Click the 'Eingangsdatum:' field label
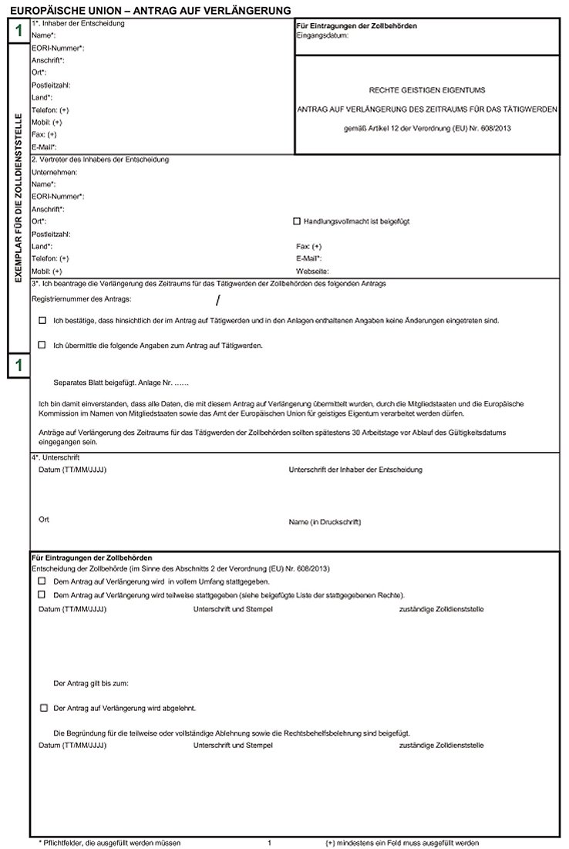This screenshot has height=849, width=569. click(x=322, y=35)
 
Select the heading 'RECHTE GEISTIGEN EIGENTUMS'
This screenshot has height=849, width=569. click(x=428, y=90)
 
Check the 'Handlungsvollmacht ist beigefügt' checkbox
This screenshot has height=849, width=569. click(x=297, y=221)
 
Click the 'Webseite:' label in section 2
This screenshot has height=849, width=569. click(x=312, y=271)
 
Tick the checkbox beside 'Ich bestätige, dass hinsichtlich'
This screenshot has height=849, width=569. click(x=42, y=319)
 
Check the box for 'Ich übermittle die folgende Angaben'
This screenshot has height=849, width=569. click(x=42, y=345)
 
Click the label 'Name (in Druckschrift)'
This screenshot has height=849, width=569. click(x=325, y=522)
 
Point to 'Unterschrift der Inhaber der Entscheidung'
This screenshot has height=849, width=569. click(x=355, y=470)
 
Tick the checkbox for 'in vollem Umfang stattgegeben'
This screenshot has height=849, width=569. click(x=42, y=581)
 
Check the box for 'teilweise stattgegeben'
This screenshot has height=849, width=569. click(x=42, y=595)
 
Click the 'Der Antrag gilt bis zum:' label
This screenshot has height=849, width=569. click(x=91, y=683)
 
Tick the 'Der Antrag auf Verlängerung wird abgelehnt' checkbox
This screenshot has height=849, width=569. click(x=43, y=707)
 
